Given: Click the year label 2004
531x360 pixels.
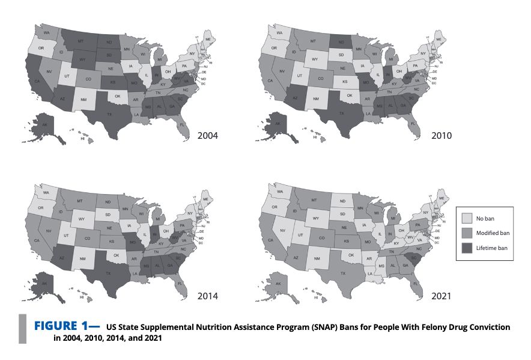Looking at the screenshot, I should [x=208, y=135].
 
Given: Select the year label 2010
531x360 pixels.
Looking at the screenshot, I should [x=442, y=135].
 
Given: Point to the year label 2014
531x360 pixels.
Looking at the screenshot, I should [x=208, y=296].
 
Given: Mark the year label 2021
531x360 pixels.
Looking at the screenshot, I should [x=442, y=296].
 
